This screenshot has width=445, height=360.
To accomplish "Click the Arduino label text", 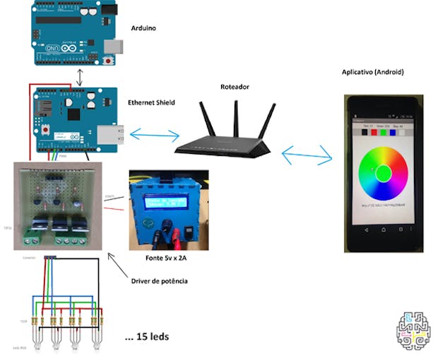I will (143, 28).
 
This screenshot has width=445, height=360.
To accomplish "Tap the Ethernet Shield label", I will (151, 102).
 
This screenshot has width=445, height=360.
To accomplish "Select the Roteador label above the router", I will (235, 87).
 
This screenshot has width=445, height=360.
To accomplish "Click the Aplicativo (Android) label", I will (372, 73).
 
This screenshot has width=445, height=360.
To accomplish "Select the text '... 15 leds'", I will (147, 337).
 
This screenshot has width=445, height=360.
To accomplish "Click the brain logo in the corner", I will (415, 330).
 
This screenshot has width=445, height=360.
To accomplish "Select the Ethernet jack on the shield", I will (109, 134).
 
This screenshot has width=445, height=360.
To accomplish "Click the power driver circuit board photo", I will (59, 205).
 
